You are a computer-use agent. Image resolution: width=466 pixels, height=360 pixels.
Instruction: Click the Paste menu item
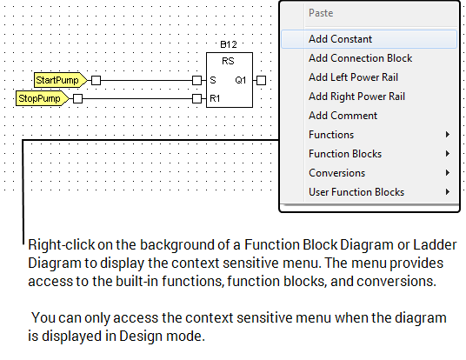[321, 14]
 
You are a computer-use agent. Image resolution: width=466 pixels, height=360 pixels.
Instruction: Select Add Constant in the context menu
[340, 39]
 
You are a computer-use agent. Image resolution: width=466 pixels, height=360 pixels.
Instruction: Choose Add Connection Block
[360, 58]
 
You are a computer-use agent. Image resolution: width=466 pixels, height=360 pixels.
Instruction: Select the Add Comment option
[343, 116]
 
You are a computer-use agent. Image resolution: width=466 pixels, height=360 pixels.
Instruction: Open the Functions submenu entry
[331, 135]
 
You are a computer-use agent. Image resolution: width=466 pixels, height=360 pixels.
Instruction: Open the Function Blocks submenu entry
[345, 154]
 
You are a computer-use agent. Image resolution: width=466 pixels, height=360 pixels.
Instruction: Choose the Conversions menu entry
[336, 173]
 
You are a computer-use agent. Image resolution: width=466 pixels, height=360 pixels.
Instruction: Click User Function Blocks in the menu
[356, 192]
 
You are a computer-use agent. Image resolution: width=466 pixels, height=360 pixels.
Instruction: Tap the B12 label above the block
[228, 44]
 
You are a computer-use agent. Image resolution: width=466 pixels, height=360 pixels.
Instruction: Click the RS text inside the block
[228, 62]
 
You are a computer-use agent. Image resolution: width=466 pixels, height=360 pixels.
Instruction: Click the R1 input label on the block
[215, 99]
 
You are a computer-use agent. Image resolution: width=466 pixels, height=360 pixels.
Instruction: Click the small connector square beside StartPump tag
[96, 80]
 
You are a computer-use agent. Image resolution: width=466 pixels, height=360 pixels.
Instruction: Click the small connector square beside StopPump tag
[77, 99]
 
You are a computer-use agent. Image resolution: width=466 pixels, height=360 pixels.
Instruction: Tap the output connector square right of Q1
[260, 80]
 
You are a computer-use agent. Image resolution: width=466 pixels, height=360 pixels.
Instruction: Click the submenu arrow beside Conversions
[447, 173]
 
